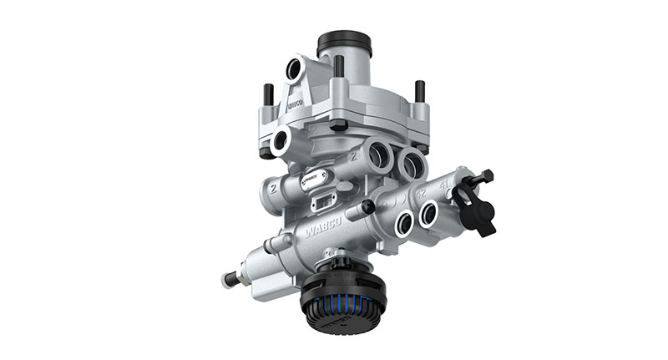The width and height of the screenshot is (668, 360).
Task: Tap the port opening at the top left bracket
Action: pyautogui.click(x=293, y=69)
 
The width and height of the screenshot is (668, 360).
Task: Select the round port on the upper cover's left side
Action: pyautogui.click(x=281, y=140)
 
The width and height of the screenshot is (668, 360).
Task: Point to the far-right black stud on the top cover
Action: pyautogui.click(x=419, y=92)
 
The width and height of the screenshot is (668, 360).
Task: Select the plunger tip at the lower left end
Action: pyautogui.click(x=225, y=279)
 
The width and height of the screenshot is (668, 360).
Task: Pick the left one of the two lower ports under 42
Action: pyautogui.click(x=403, y=223)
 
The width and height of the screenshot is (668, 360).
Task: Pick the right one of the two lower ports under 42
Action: pyautogui.click(x=428, y=215)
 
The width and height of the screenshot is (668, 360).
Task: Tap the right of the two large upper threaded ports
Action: pyautogui.click(x=411, y=163)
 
